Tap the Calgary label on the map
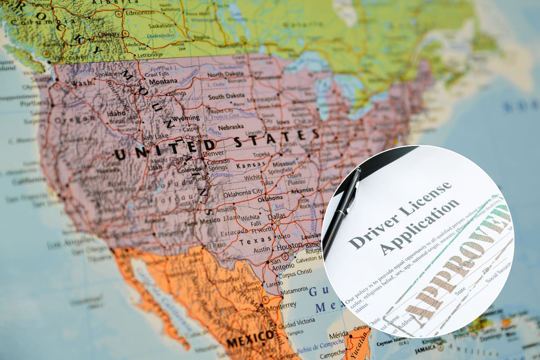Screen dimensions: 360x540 [x=109, y=34]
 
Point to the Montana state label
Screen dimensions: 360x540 [x=163, y=81]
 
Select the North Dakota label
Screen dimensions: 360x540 [x=225, y=74]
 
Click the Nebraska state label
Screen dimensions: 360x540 [x=230, y=127]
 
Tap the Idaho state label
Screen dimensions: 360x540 [x=117, y=113]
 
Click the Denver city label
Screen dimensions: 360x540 [x=213, y=153]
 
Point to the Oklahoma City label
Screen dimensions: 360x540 [x=243, y=193]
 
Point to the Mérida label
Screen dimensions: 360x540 [x=339, y=335]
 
